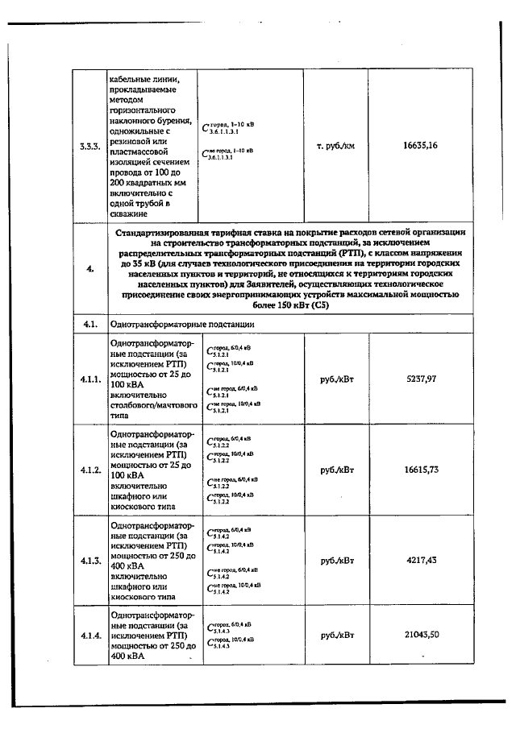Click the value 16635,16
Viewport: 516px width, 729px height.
(x=420, y=146)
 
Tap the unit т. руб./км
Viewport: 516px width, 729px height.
(x=335, y=146)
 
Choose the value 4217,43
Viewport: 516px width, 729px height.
(x=420, y=559)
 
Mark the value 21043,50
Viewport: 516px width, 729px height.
(x=420, y=635)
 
